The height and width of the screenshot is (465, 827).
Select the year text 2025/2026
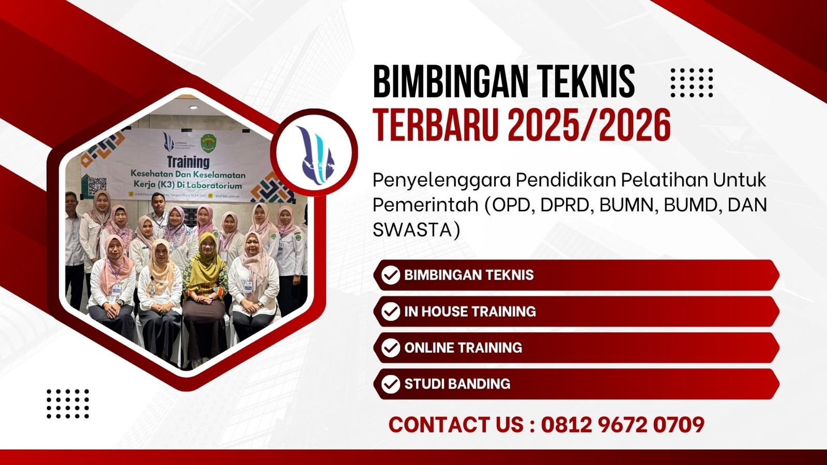pyautogui.click(x=589, y=125)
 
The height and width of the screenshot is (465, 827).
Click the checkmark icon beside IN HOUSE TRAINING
pyautogui.click(x=390, y=312)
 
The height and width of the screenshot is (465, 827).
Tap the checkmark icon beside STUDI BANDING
pyautogui.click(x=390, y=384)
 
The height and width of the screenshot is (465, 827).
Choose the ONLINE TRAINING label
pyautogui.click(x=463, y=348)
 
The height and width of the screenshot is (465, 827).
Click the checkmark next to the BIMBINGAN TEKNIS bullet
pyautogui.click(x=390, y=275)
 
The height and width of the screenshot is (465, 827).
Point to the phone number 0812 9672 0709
pyautogui.click(x=622, y=425)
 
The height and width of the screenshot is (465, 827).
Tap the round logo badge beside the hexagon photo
pyautogui.click(x=314, y=152)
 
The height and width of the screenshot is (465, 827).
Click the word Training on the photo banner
pyautogui.click(x=188, y=162)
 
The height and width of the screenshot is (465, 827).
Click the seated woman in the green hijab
pyautogui.click(x=206, y=279)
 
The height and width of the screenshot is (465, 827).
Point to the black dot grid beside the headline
pyautogui.click(x=691, y=83)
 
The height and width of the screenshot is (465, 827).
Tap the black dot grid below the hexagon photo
pyautogui.click(x=68, y=404)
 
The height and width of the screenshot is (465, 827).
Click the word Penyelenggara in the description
pyautogui.click(x=441, y=180)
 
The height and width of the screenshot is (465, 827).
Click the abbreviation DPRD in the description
pyautogui.click(x=566, y=205)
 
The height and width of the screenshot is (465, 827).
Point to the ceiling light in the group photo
pyautogui.click(x=193, y=107)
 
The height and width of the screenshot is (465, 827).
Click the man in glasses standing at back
pyautogui.click(x=159, y=212)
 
